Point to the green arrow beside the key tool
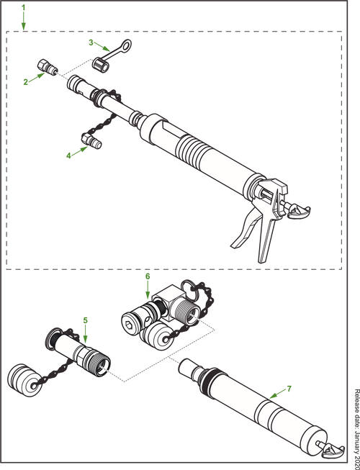click(95, 42)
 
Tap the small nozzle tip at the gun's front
click(50, 68)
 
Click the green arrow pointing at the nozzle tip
click(31, 79)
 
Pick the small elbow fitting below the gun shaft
click(92, 139)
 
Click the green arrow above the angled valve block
click(147, 284)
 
